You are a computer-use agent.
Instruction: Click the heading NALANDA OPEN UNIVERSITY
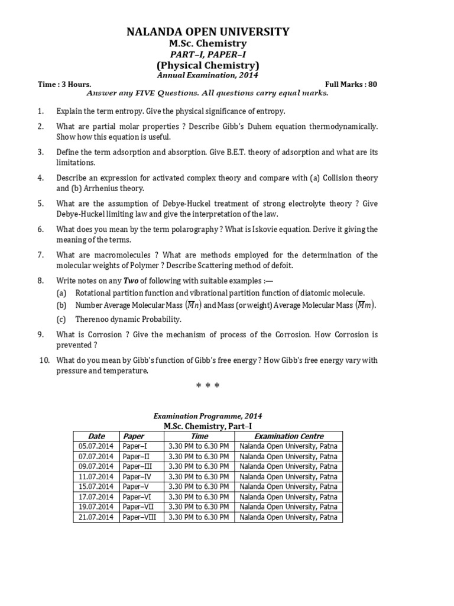207,31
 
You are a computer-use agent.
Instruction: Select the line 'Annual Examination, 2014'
207,75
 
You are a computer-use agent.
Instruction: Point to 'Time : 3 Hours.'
64,84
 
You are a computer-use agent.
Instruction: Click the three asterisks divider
207,386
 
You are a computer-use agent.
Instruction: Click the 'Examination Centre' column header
288,436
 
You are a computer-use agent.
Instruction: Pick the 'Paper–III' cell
137,466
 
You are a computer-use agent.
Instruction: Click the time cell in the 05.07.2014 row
198,446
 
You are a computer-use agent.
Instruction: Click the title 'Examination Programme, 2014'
207,416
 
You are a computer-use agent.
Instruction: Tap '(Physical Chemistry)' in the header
207,65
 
